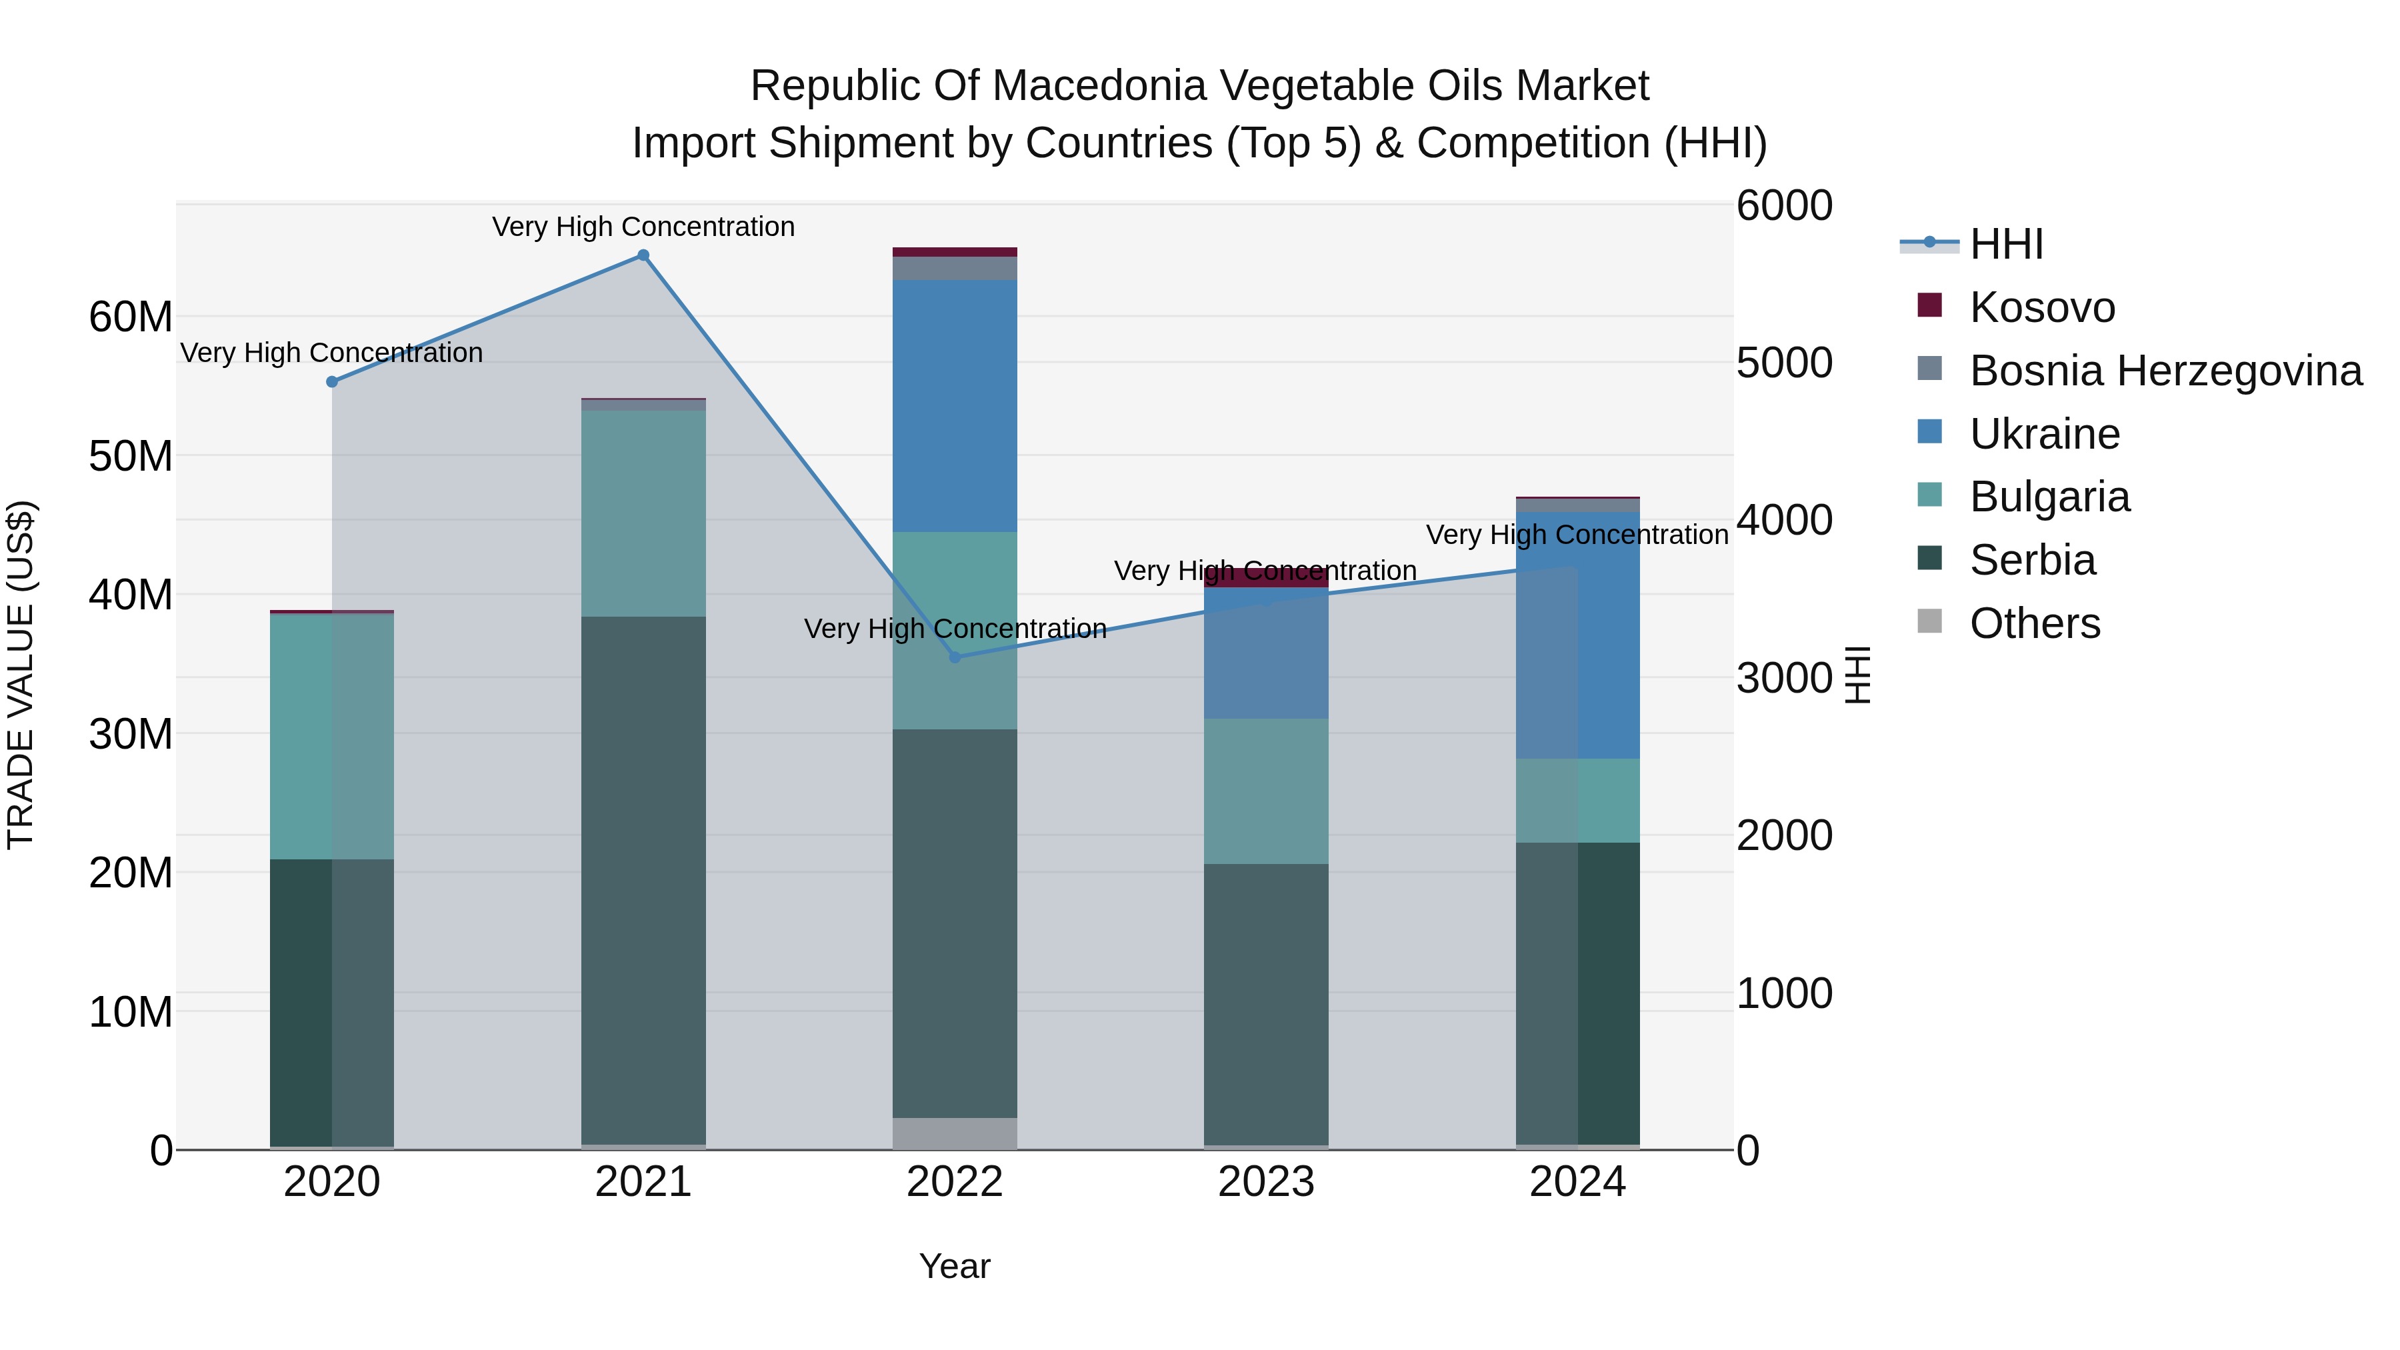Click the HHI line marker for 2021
(x=643, y=255)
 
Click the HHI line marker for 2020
(x=332, y=382)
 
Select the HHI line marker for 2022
(x=954, y=658)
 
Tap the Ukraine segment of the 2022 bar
(x=954, y=405)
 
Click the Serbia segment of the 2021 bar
(x=643, y=881)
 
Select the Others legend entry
(x=2034, y=623)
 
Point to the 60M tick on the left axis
(x=131, y=318)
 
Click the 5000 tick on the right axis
(x=1783, y=363)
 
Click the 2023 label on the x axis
(x=1265, y=1182)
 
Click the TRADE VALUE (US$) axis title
(x=21, y=675)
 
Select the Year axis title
(x=954, y=1266)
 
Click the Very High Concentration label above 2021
(x=643, y=227)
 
